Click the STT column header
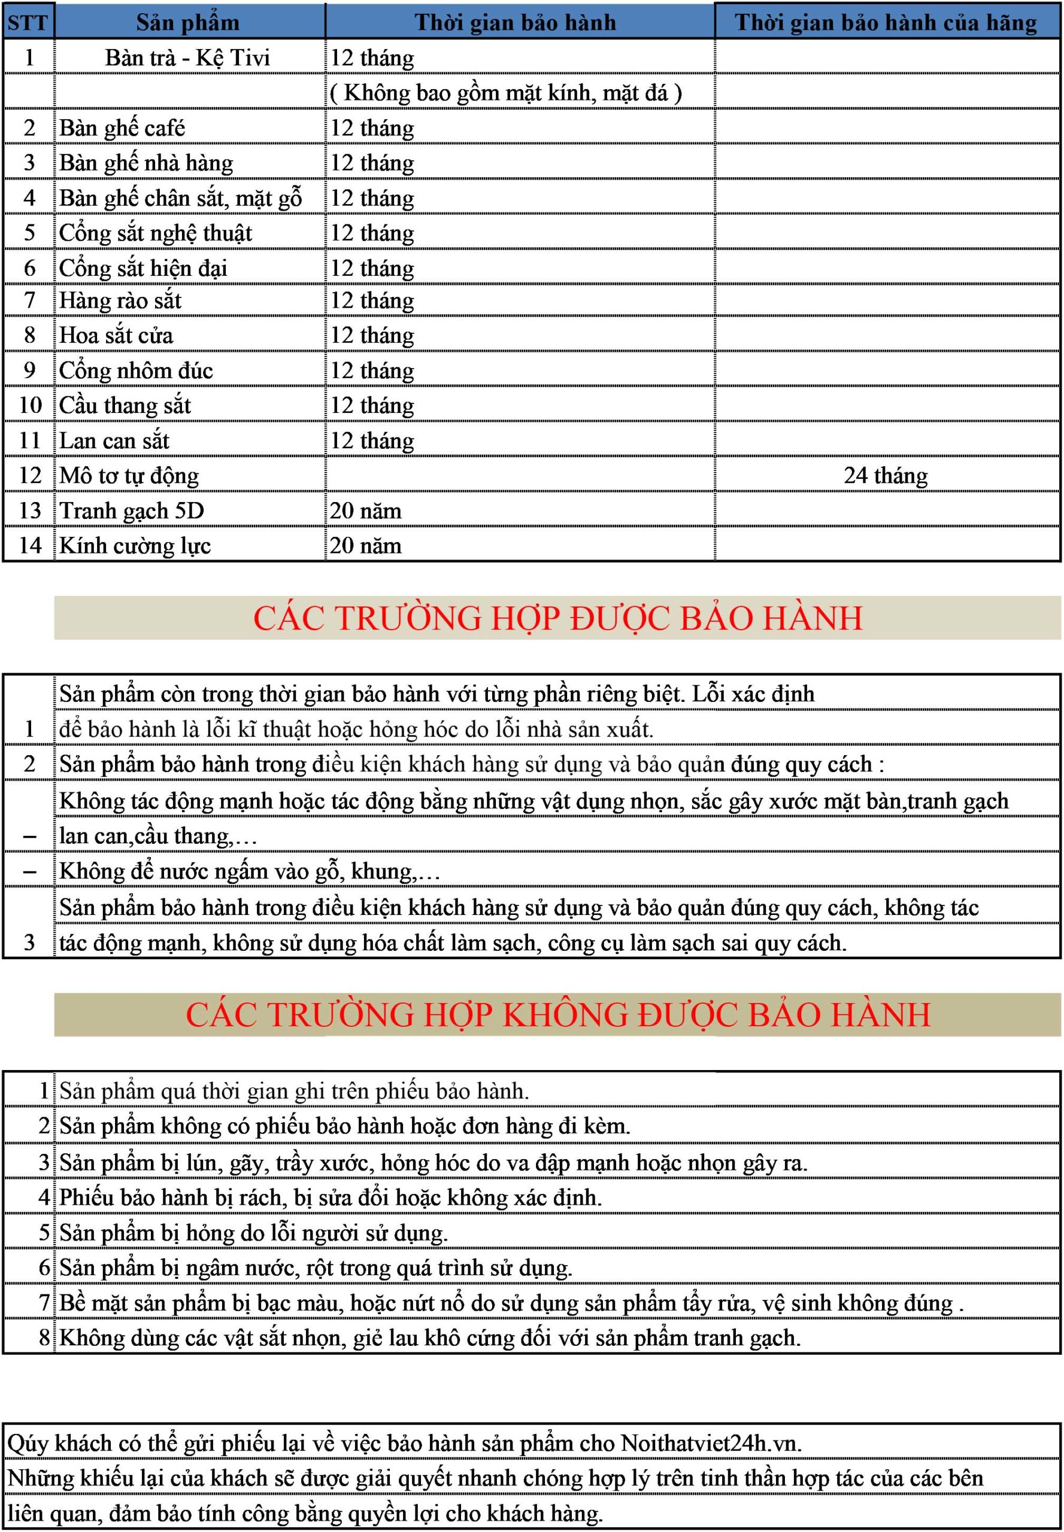(28, 22)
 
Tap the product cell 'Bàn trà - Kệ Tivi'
(187, 57)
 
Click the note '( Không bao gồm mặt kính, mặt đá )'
(506, 93)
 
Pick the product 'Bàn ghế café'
(122, 127)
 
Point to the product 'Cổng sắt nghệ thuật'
(155, 233)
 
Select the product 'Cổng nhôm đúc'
(136, 370)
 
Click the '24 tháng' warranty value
(886, 475)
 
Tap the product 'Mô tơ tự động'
(129, 475)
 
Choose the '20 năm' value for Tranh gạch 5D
(365, 510)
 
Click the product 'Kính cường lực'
(135, 545)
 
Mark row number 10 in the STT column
(30, 405)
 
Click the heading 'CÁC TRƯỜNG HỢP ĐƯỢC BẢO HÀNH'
(557, 618)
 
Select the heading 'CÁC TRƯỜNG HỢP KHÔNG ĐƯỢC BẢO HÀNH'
(557, 1014)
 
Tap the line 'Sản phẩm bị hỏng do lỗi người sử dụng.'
(253, 1232)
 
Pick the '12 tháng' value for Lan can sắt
(372, 440)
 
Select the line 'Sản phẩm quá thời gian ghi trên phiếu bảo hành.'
(294, 1091)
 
